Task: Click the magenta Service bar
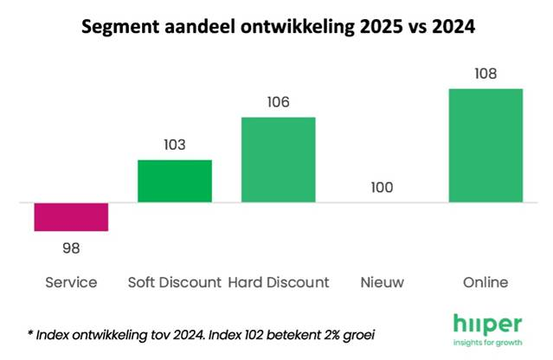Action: point(71,217)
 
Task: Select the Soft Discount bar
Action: point(174,181)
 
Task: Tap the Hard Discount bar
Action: point(278,159)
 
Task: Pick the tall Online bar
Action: point(485,145)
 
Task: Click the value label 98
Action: point(71,248)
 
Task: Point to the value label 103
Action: point(174,144)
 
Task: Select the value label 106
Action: point(278,101)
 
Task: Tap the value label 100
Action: point(382,187)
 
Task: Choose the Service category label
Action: point(71,282)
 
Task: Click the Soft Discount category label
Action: point(174,282)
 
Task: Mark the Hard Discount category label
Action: point(279,282)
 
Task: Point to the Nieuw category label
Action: point(382,282)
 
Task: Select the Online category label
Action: point(485,282)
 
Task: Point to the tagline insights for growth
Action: point(487,342)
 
